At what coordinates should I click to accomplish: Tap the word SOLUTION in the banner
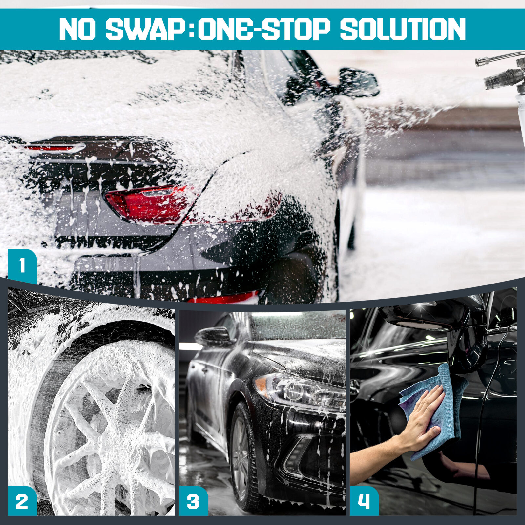403,29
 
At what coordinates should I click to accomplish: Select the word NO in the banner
77,29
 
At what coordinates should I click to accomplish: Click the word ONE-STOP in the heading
264,29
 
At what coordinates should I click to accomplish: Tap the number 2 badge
22,501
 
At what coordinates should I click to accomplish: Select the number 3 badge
193,501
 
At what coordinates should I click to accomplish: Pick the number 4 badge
364,501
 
